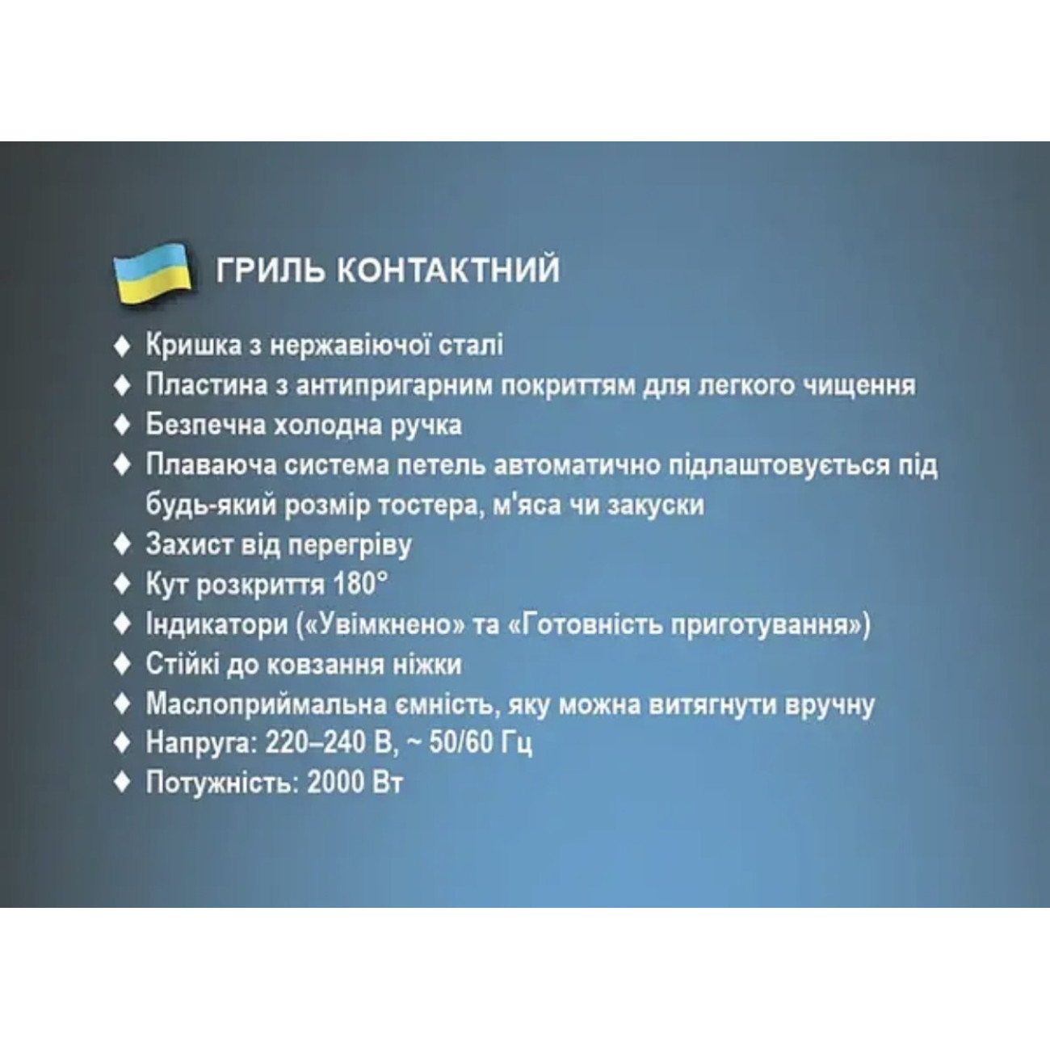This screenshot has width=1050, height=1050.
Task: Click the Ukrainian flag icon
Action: pyautogui.click(x=152, y=273)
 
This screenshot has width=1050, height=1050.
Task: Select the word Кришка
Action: pyautogui.click(x=193, y=346)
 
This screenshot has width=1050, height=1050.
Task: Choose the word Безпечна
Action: pyautogui.click(x=205, y=425)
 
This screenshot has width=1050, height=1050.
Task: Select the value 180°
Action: pyautogui.click(x=360, y=584)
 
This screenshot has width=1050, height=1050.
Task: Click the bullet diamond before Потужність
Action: pyautogui.click(x=123, y=783)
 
